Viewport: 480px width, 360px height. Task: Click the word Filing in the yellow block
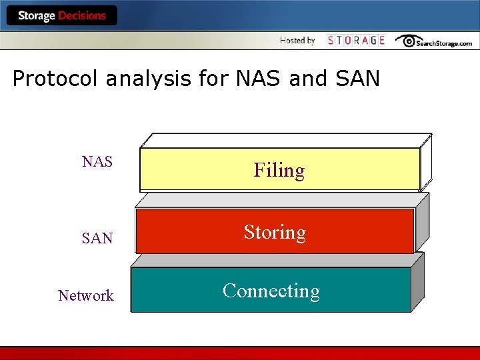pyautogui.click(x=279, y=171)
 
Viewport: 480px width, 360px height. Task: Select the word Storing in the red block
pyautogui.click(x=274, y=232)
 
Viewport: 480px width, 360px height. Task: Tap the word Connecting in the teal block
pyautogui.click(x=271, y=291)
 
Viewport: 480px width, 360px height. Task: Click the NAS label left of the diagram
pyautogui.click(x=97, y=161)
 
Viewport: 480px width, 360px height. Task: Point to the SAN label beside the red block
pyautogui.click(x=97, y=238)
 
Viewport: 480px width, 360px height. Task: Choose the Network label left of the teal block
pyautogui.click(x=85, y=295)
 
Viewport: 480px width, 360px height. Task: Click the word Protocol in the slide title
pyautogui.click(x=55, y=79)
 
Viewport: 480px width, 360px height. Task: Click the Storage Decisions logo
pyautogui.click(x=61, y=16)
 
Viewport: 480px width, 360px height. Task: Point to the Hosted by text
pyautogui.click(x=297, y=41)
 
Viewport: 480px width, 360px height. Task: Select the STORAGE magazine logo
pyautogui.click(x=356, y=41)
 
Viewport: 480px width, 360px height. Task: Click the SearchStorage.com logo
pyautogui.click(x=434, y=41)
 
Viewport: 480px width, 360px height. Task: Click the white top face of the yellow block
pyautogui.click(x=287, y=140)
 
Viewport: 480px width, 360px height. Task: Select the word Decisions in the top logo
pyautogui.click(x=82, y=16)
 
